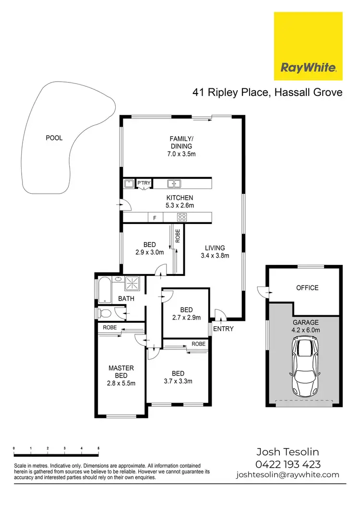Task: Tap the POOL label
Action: coord(54,138)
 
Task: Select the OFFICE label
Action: coord(307,288)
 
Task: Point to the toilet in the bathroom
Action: coord(105,314)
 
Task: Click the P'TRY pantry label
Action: coord(144,183)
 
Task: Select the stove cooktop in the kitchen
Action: coord(182,217)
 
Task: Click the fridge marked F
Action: coord(155,218)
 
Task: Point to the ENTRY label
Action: coord(223,329)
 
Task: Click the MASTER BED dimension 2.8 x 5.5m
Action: coord(121,383)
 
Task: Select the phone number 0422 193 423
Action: coord(288,464)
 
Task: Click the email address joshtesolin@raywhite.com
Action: coord(288,475)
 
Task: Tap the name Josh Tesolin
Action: coord(288,452)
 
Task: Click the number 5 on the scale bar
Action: coord(98,448)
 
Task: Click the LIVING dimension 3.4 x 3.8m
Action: coord(214,255)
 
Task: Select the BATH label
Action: coord(127,298)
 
